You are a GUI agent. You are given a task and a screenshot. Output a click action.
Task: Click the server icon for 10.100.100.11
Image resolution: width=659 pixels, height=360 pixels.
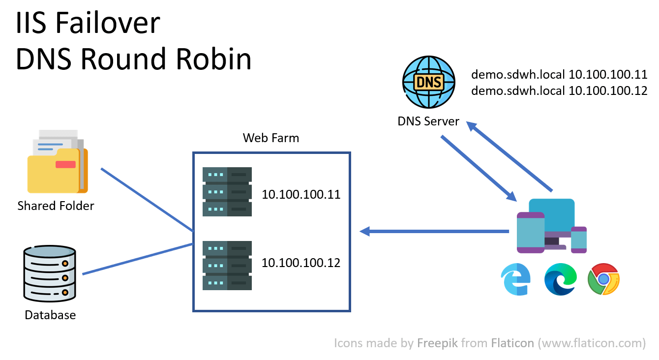click(227, 192)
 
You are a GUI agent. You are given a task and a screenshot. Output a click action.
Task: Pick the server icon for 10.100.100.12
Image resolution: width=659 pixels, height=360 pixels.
click(227, 265)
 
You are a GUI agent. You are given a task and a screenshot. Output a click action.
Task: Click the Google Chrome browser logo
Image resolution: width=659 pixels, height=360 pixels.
click(603, 279)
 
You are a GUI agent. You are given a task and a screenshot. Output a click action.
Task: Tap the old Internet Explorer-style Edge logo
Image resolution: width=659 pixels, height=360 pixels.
click(515, 279)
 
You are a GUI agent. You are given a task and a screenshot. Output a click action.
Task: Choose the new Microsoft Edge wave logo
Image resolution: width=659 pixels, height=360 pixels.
click(560, 279)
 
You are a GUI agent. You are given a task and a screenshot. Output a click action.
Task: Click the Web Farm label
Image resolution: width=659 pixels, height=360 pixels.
click(271, 138)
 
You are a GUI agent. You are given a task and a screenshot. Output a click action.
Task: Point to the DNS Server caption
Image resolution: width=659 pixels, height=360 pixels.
click(428, 121)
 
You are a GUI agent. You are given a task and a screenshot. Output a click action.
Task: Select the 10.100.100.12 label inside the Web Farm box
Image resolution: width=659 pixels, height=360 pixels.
click(301, 263)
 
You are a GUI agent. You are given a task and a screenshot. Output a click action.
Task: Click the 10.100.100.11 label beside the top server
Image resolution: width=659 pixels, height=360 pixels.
click(301, 195)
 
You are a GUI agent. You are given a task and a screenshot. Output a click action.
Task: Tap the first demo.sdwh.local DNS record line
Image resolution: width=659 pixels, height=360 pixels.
click(559, 75)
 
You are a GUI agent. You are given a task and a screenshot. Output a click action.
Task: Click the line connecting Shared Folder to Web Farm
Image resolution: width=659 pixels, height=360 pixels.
click(147, 200)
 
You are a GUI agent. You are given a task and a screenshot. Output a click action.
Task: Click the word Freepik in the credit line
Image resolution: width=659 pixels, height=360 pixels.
click(435, 343)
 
